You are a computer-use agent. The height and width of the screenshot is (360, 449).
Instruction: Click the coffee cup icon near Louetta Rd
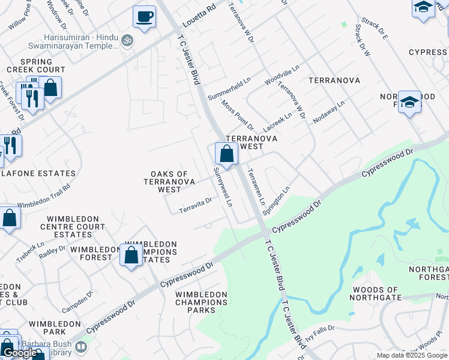(x=144, y=17)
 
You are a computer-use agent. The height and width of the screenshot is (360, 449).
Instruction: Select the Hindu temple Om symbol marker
(x=126, y=40)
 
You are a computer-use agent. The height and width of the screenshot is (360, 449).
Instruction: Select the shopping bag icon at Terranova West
(x=226, y=154)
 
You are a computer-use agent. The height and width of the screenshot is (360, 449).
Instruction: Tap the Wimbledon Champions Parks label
(x=201, y=302)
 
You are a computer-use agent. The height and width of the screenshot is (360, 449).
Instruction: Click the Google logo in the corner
(x=20, y=353)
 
